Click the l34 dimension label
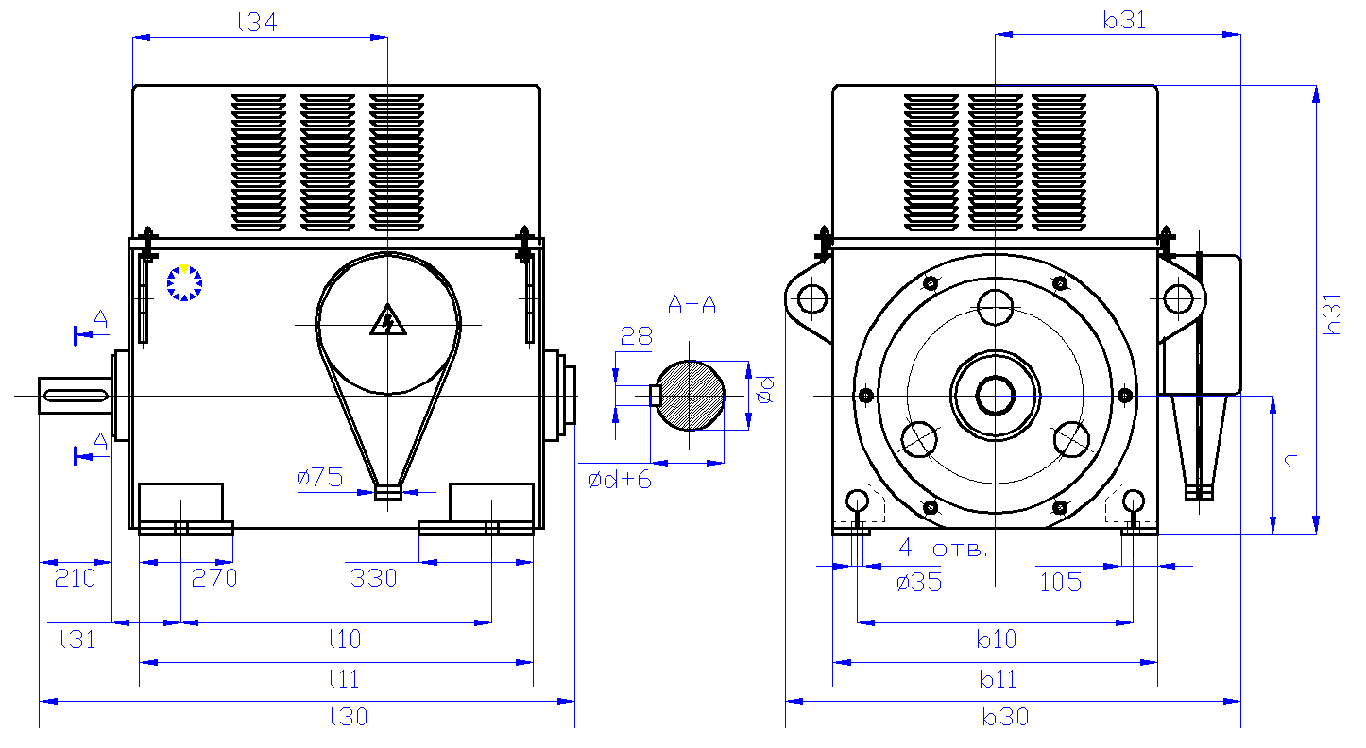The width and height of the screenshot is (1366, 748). (x=257, y=23)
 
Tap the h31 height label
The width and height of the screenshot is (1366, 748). (x=1333, y=314)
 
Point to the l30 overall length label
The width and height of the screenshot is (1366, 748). (x=349, y=717)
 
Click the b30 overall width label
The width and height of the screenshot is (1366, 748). (x=1004, y=717)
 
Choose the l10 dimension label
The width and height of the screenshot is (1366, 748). (x=345, y=639)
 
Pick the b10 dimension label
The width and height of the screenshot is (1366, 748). (x=997, y=639)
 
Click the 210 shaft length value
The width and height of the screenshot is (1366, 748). (x=75, y=578)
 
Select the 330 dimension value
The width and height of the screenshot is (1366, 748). (x=373, y=578)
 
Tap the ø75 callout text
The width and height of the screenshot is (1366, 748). (x=319, y=479)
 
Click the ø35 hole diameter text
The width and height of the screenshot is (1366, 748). (x=918, y=582)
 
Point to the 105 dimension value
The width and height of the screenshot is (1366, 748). (x=1060, y=582)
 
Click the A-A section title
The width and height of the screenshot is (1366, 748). (x=692, y=304)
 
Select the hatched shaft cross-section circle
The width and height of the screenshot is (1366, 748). (x=692, y=396)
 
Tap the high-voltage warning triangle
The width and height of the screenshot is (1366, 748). (x=387, y=321)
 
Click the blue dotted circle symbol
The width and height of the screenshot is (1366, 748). (x=184, y=282)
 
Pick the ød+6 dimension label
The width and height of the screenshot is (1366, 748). (x=620, y=480)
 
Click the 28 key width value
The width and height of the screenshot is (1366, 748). (x=637, y=336)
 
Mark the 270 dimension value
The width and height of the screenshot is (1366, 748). (x=214, y=578)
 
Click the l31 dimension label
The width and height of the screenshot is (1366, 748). (x=77, y=639)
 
